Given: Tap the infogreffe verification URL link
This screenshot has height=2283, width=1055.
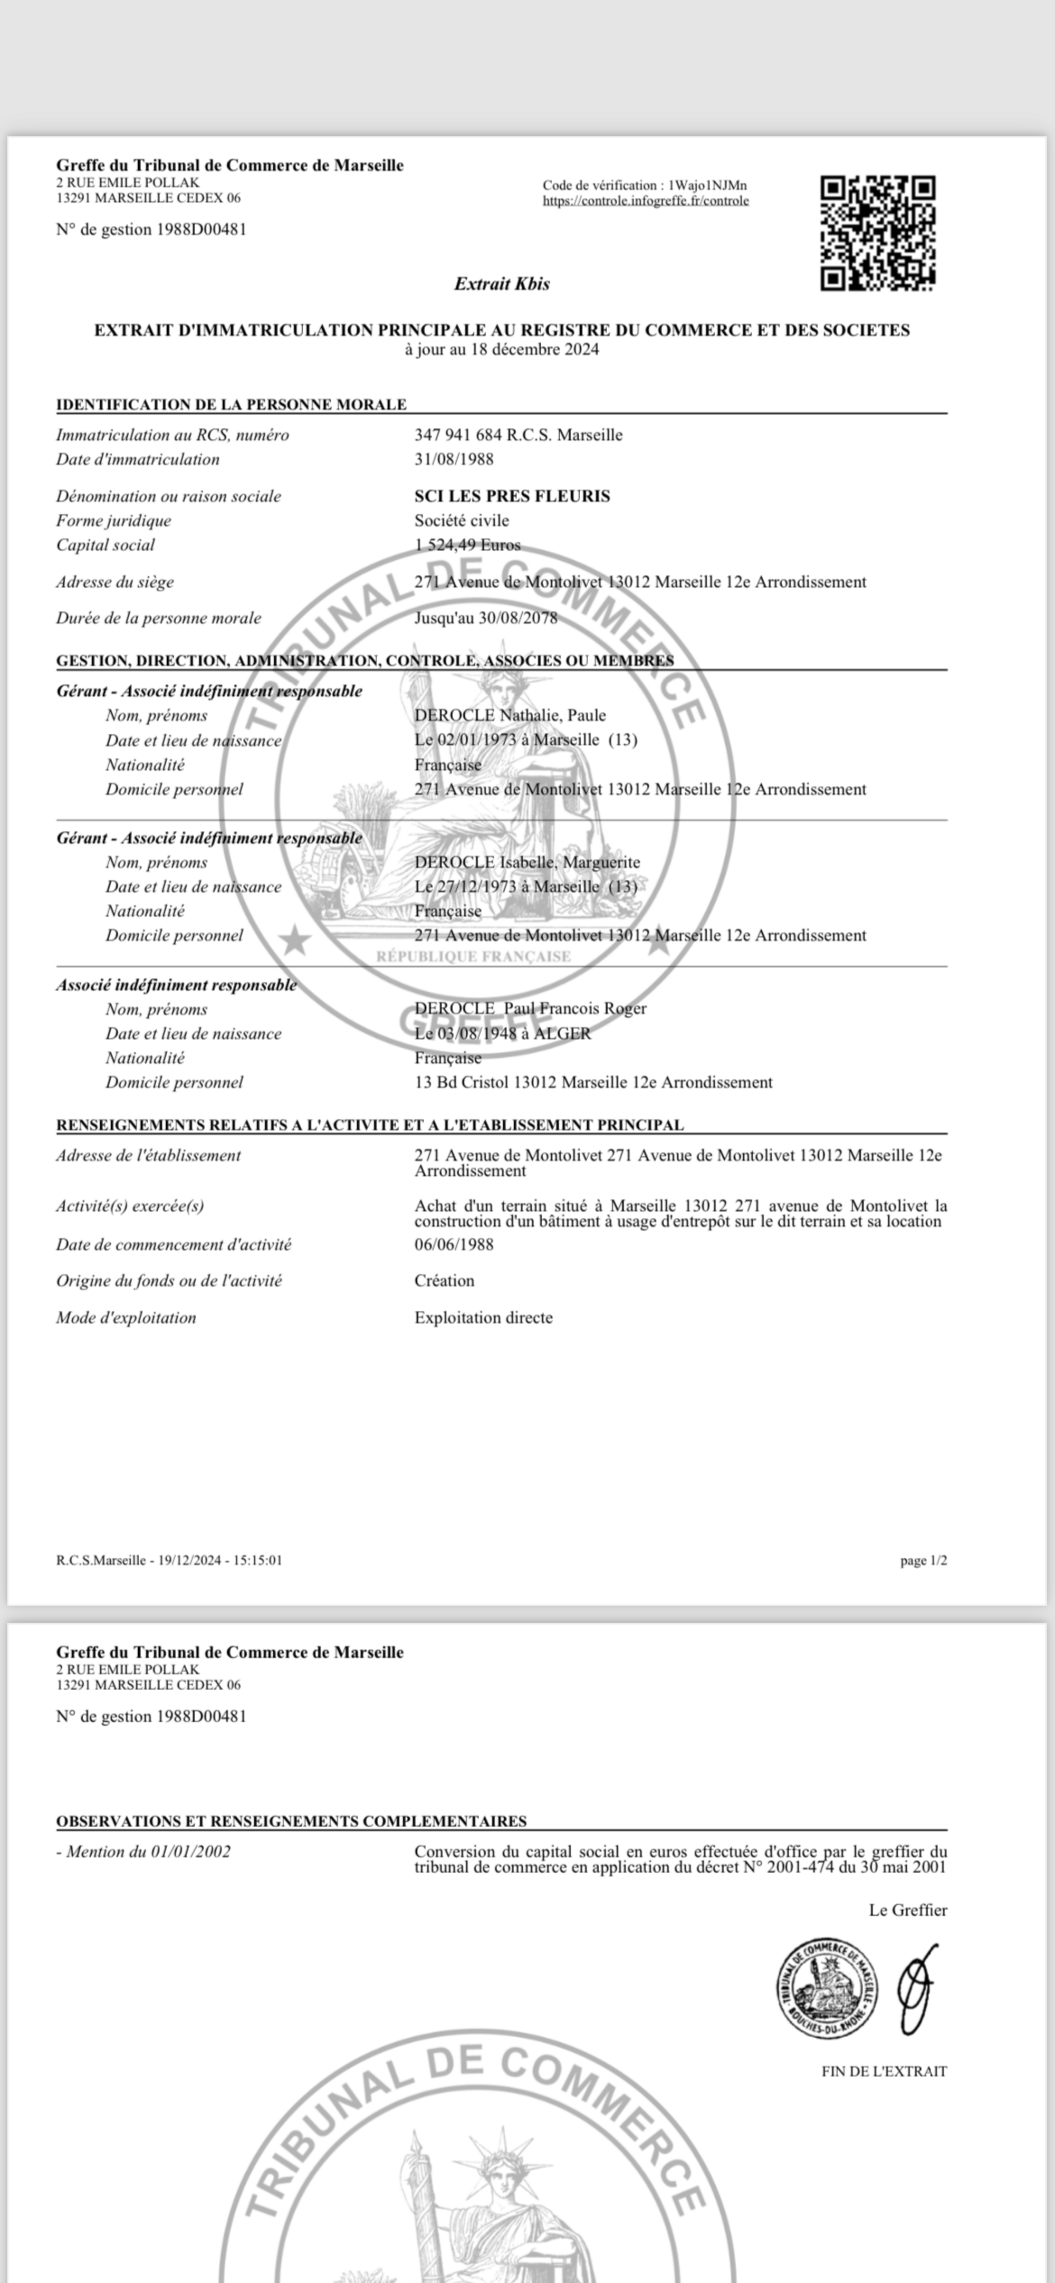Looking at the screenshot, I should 646,201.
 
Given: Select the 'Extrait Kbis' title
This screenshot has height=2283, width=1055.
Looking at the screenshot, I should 502,284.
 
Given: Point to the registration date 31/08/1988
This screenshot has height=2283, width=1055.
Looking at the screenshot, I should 454,459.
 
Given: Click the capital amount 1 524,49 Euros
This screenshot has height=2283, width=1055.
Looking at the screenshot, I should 467,545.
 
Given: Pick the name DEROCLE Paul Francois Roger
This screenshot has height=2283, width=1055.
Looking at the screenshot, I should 530,1009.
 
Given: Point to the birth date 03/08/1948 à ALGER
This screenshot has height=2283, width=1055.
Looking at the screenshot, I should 503,1033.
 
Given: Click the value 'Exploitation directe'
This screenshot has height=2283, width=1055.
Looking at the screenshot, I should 483,1318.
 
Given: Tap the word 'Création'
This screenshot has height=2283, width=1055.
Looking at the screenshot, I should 444,1281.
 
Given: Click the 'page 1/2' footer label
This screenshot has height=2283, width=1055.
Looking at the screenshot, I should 923,1561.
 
